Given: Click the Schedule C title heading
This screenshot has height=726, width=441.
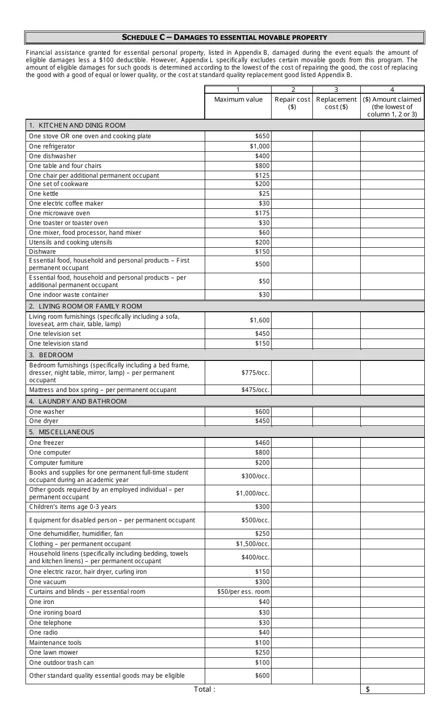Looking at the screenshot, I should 224,38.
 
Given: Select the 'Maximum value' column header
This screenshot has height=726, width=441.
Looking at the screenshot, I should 238,99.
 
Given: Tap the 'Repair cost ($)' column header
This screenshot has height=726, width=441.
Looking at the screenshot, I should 292,103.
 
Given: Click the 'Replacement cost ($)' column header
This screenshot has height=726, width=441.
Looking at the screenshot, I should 336,103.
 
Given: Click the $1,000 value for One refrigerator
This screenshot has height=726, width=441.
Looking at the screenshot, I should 259,146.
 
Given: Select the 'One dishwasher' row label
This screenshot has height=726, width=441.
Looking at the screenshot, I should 52,156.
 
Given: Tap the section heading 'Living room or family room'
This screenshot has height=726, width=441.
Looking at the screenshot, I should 85,306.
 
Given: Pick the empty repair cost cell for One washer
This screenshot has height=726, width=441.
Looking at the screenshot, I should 292,411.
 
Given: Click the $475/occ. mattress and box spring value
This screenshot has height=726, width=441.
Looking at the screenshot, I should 255,390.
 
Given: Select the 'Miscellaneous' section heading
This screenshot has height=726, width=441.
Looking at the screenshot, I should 62,432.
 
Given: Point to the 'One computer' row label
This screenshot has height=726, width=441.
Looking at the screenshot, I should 50,452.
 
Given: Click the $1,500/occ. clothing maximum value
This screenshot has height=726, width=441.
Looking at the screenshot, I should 253,544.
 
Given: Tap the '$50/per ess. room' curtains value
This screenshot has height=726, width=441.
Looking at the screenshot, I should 243,591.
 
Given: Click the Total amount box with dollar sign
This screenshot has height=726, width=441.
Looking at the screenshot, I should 392,689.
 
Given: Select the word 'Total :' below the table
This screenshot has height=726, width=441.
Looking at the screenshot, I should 204,689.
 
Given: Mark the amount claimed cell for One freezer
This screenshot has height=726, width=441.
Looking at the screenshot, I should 392,443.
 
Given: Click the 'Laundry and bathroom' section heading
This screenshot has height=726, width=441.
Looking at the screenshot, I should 78,401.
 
